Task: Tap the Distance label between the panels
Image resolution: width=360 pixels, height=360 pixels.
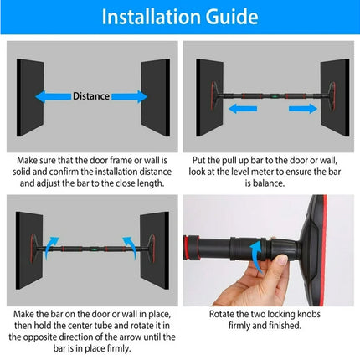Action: pyautogui.click(x=90, y=96)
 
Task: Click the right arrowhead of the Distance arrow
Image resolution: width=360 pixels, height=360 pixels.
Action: pyautogui.click(x=141, y=96)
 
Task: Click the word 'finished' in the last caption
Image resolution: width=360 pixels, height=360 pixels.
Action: pyautogui.click(x=285, y=327)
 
